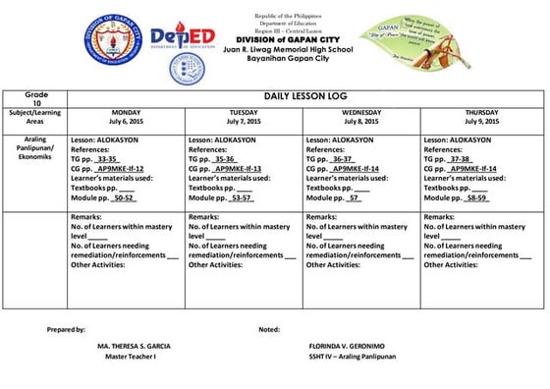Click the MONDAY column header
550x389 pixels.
126,113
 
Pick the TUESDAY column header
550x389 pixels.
244,113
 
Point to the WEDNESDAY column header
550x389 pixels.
361,113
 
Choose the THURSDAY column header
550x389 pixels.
481,113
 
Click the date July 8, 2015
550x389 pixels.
361,122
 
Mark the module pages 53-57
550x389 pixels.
242,197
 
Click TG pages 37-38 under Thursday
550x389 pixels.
460,158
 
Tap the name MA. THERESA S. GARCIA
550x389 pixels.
135,347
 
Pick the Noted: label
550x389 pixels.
268,328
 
